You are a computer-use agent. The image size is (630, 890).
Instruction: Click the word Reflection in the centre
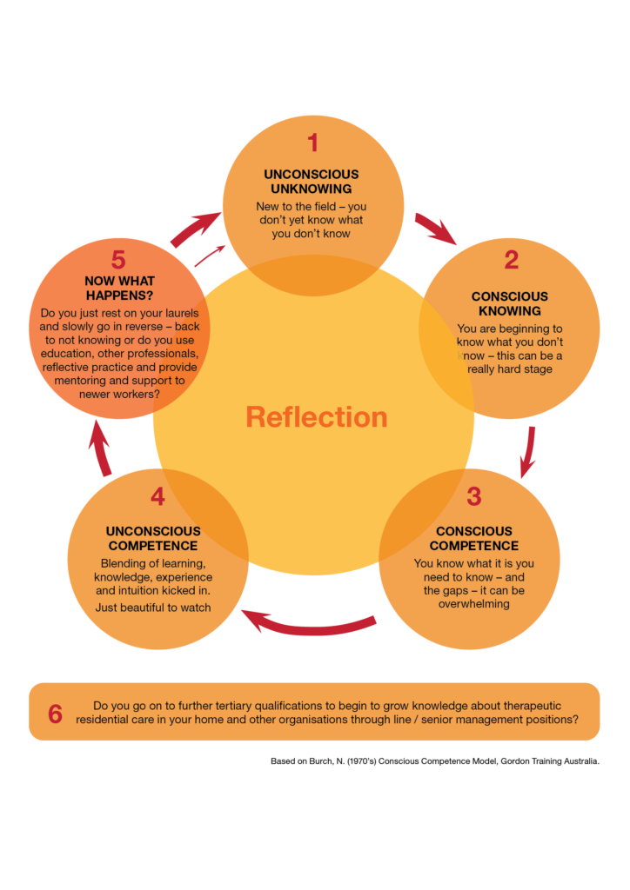[x=316, y=417]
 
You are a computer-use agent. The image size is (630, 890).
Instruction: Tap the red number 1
[x=312, y=143]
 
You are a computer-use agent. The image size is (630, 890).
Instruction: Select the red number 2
[x=511, y=259]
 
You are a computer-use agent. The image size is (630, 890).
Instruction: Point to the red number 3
[x=473, y=496]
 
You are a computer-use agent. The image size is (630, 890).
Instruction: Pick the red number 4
[x=157, y=496]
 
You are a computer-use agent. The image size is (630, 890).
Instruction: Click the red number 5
[x=119, y=259]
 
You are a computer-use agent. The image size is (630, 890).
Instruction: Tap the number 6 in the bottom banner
[x=55, y=714]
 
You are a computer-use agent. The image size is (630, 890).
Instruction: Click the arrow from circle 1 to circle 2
[x=436, y=229]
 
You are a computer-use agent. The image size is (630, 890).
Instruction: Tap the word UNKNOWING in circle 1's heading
[x=312, y=189]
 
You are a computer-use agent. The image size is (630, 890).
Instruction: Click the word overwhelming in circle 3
[x=474, y=604]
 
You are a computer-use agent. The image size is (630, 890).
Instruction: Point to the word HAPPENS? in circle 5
[x=119, y=296]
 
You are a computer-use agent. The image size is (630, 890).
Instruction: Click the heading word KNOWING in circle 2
[x=509, y=311]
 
